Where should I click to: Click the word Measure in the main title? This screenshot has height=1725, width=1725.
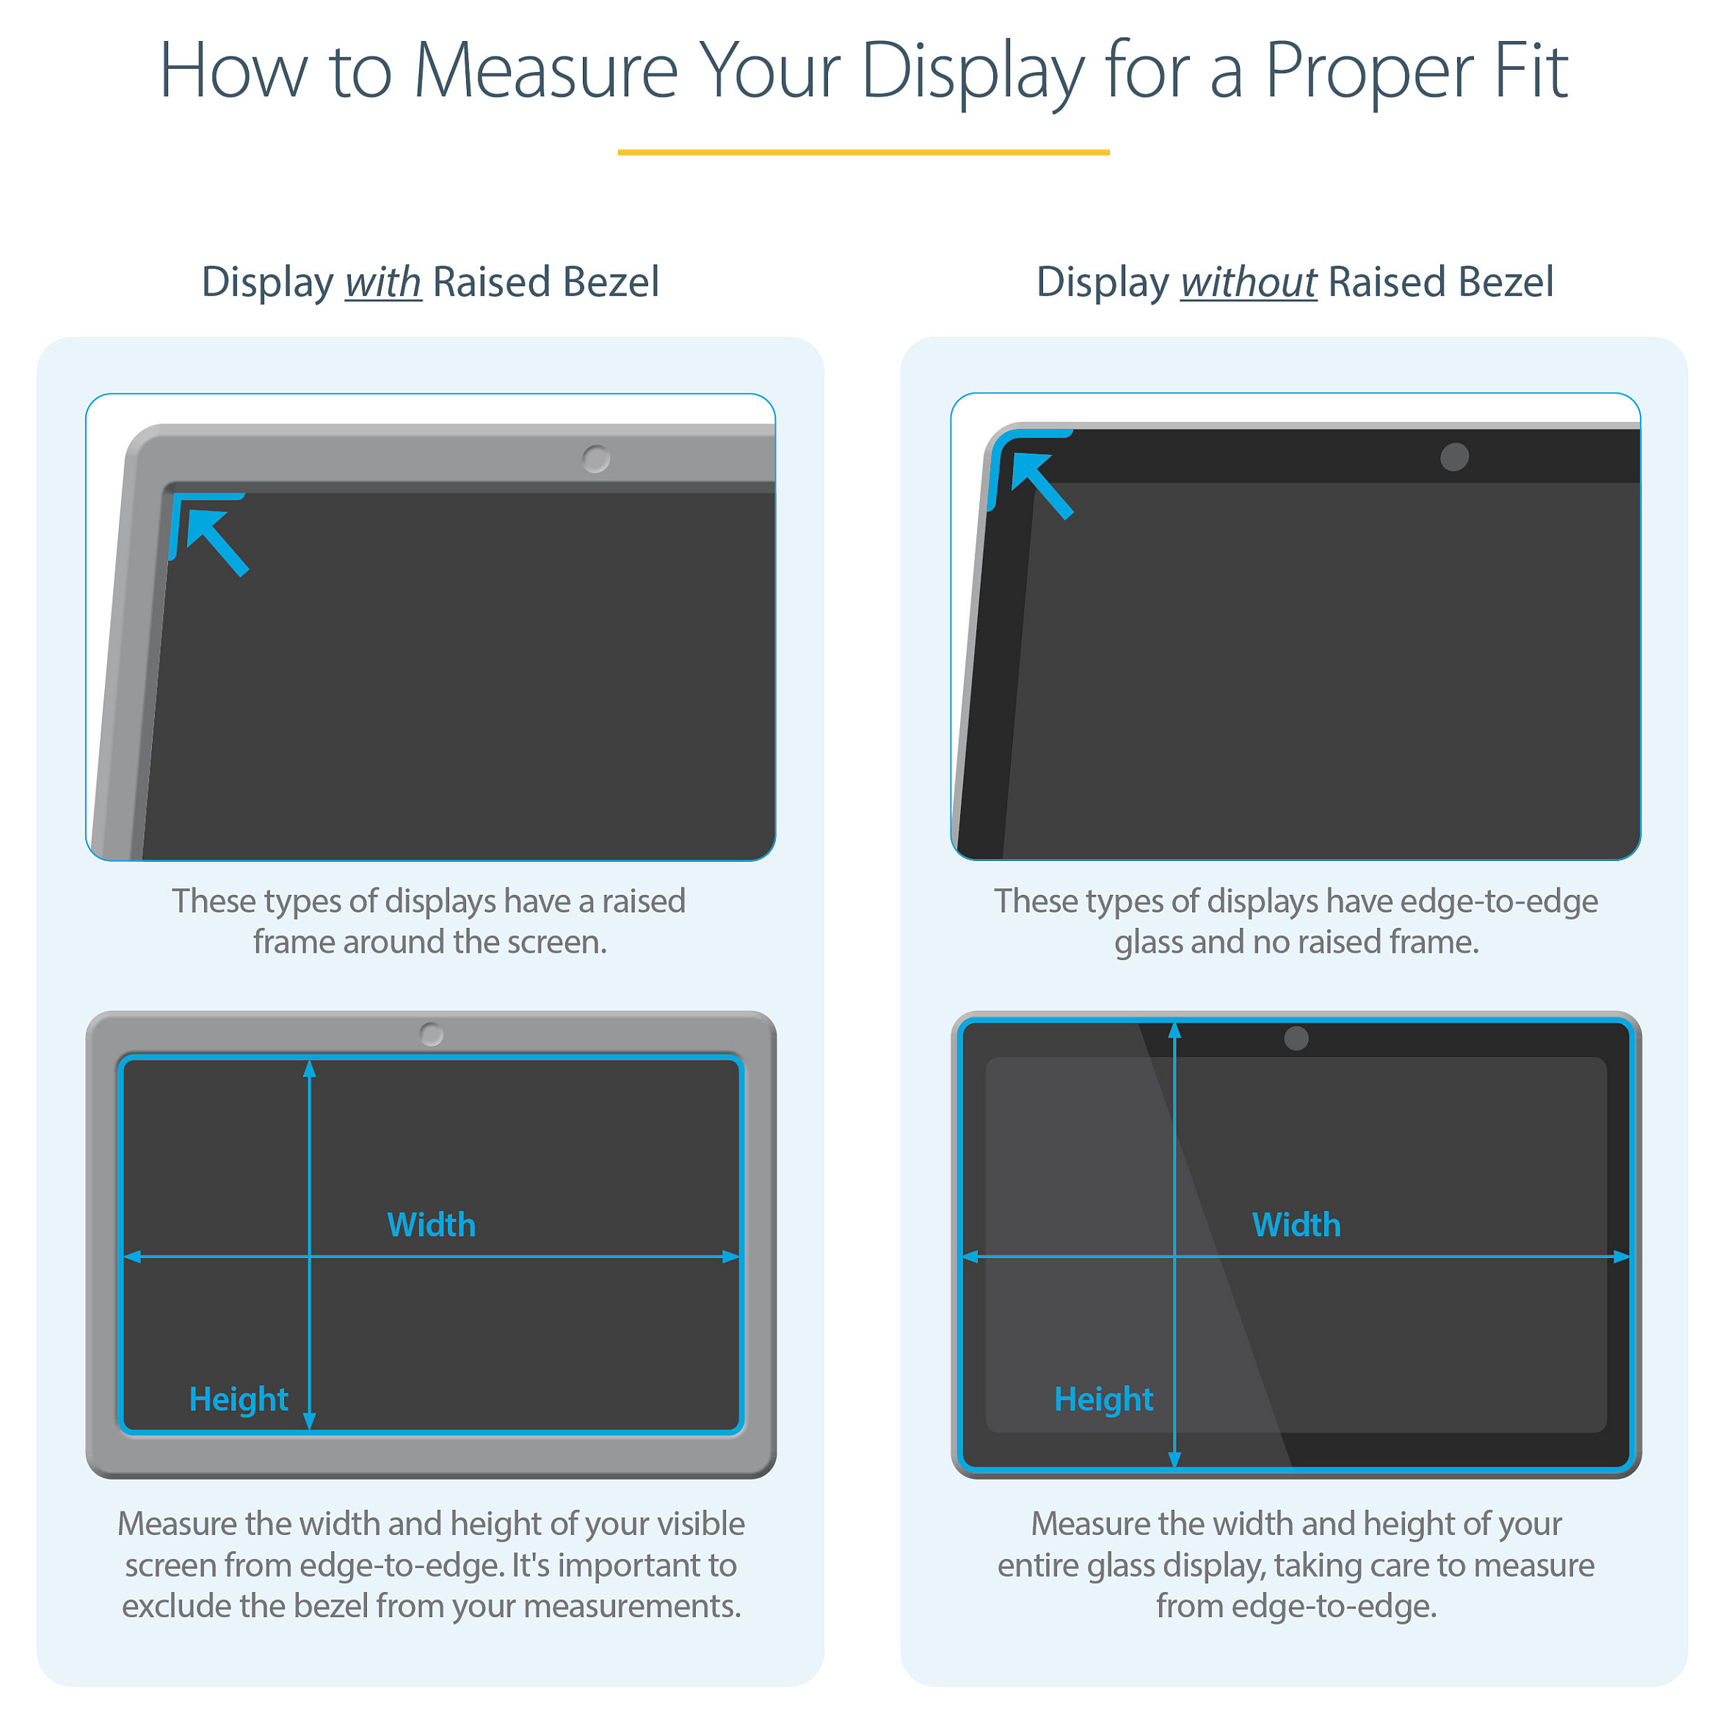click(x=545, y=70)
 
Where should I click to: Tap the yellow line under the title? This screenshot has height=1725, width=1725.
click(x=862, y=152)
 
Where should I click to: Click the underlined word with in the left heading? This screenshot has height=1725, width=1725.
click(x=383, y=281)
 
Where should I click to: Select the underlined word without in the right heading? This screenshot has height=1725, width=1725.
click(x=1248, y=281)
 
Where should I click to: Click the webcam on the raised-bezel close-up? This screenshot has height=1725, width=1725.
click(x=595, y=459)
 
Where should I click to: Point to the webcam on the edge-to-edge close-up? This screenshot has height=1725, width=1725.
click(x=1454, y=457)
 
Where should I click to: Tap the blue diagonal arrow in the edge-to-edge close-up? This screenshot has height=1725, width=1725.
click(x=1042, y=484)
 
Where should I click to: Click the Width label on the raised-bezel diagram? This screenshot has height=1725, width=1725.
click(x=432, y=1224)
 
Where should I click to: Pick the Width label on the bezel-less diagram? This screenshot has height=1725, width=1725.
click(x=1296, y=1224)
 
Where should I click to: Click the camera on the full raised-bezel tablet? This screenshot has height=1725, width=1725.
click(x=432, y=1034)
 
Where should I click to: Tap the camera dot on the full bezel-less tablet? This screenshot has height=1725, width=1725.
click(x=1296, y=1037)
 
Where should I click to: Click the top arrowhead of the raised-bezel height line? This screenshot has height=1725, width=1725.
click(x=309, y=1067)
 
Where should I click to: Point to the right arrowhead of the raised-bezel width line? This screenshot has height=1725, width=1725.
click(x=732, y=1256)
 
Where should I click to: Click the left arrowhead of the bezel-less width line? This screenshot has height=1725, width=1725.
click(x=970, y=1256)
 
